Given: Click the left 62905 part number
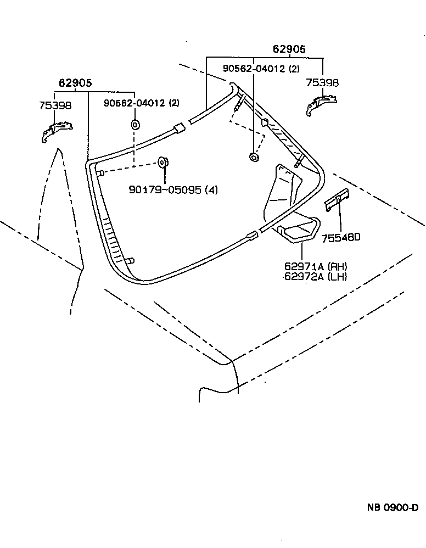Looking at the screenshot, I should coord(75,83).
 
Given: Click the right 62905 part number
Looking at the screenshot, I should coord(289,49).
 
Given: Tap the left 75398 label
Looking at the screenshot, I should coord(55,105).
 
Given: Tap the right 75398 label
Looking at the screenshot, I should coord(322,83).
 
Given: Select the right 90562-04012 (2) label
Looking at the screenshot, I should coord(261,69).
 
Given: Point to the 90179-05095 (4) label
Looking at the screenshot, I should coord(173,190).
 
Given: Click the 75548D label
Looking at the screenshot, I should coord(341,237).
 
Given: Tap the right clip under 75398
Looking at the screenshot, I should coord(321,104).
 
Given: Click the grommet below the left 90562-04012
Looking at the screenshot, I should coord(136,125).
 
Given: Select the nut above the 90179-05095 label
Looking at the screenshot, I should coord(162,162).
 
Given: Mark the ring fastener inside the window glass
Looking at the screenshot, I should coord(254,158).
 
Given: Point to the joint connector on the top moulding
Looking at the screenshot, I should coord(179,129).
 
